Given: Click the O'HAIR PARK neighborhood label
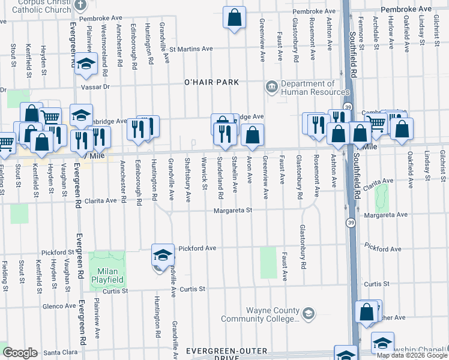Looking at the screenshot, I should [x=211, y=82].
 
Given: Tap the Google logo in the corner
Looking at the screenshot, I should [x=20, y=353].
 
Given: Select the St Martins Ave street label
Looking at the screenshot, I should [x=191, y=49].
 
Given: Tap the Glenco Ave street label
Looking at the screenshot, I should [x=59, y=306].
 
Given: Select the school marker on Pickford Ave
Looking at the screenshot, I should [x=163, y=256].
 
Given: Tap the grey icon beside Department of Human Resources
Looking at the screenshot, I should [x=271, y=88].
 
